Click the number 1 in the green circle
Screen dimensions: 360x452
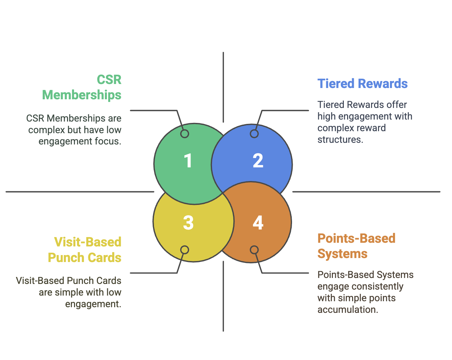coord(188,161)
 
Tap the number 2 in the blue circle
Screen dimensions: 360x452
coord(258,161)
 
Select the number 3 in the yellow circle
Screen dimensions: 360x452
coord(188,223)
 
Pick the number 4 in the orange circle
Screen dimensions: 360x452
coord(258,223)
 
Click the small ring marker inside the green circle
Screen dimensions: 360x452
coord(185,134)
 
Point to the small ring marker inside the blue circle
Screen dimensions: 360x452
coord(254,134)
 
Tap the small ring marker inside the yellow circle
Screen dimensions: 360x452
coord(185,250)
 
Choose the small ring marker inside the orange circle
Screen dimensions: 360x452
coord(254,250)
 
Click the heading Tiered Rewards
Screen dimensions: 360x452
coord(362,84)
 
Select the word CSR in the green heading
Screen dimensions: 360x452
coord(109,80)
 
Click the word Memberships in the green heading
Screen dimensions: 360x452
coord(82,95)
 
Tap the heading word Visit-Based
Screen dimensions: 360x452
coord(88,242)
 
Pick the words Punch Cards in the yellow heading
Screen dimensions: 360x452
coord(85,258)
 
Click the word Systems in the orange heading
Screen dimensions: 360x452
coord(342,254)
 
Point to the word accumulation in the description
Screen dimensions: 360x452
coord(347,310)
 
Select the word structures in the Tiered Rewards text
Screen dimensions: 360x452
coord(340,139)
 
